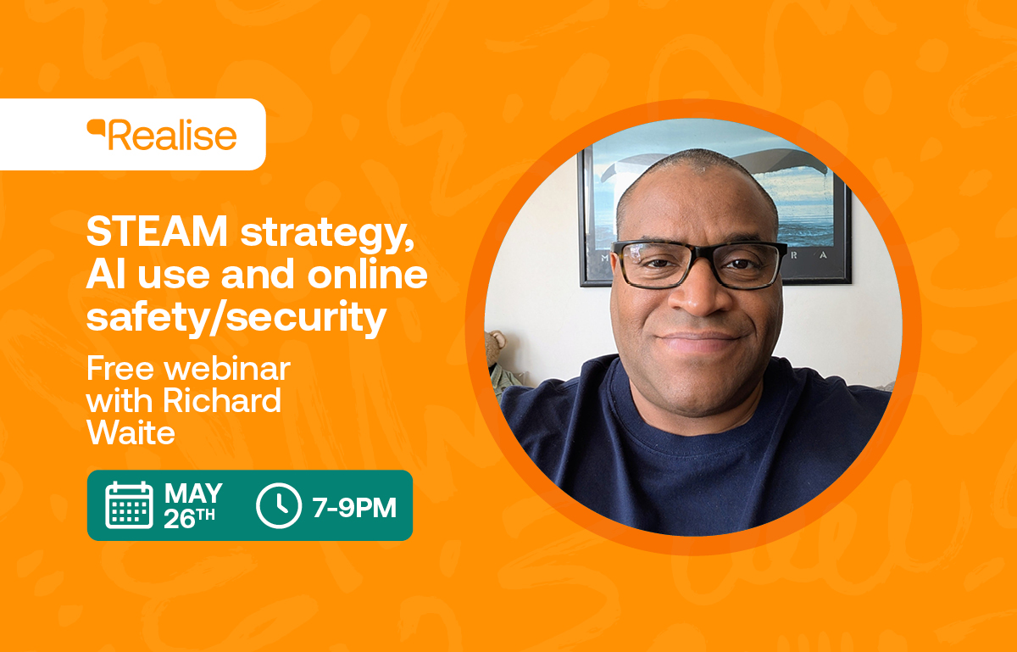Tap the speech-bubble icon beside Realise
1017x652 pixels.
coord(96,128)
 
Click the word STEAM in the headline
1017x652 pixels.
coord(157,231)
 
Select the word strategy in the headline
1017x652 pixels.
coord(327,234)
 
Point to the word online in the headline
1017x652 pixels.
coord(367,274)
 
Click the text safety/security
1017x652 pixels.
coord(236,317)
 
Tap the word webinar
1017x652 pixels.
coord(227,369)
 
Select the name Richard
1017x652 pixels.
coord(222,400)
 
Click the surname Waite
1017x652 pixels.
coord(131,432)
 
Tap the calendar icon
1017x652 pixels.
coord(129,504)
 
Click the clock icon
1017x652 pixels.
coord(278,505)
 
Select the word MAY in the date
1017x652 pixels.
coord(193,493)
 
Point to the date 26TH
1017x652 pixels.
coord(189,518)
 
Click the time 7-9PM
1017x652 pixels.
coord(354,507)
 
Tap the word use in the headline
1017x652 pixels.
coord(174,276)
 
